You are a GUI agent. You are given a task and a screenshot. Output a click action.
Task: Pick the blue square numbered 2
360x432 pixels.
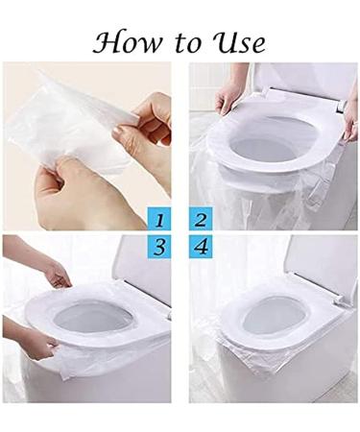[201, 219]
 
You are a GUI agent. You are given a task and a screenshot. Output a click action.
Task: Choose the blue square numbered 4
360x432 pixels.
[201, 248]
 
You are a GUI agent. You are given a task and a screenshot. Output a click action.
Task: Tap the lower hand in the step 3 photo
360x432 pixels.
[34, 341]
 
